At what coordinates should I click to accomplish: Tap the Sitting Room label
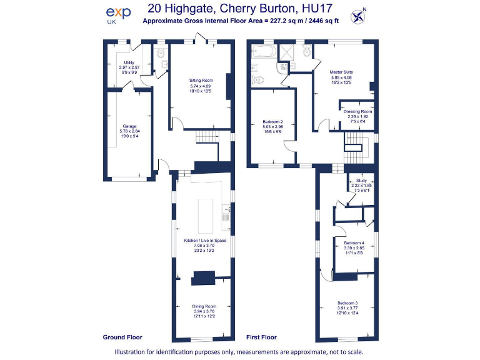click(201, 81)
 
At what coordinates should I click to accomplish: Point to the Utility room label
click(129, 62)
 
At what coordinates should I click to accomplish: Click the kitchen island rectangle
click(206, 215)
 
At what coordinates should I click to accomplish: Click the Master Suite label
click(341, 72)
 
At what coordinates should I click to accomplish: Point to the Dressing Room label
click(357, 111)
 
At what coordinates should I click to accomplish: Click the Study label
click(361, 180)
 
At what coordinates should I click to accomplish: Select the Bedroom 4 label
click(353, 242)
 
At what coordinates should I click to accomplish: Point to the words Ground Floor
click(122, 337)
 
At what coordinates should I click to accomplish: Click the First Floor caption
click(261, 337)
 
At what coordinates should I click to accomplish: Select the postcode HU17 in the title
click(317, 9)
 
